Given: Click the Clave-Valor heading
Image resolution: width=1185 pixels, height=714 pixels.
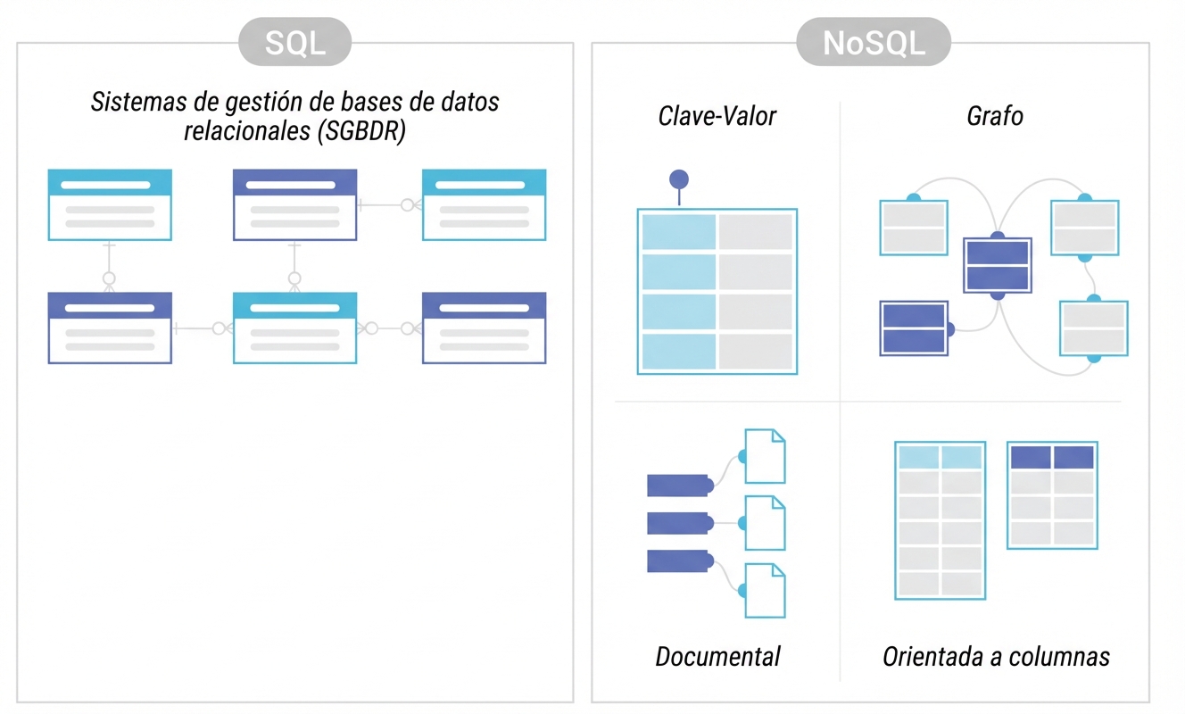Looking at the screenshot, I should point(717,116).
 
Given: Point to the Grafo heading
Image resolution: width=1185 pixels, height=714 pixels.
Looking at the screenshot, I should point(994,116).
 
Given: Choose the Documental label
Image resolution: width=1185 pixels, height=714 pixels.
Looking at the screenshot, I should point(717,657).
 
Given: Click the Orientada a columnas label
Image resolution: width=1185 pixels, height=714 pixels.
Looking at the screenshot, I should point(996,657).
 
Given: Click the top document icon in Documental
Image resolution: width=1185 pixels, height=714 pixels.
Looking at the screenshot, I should point(765,456).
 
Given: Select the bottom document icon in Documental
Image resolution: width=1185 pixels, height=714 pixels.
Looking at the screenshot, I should point(765,590).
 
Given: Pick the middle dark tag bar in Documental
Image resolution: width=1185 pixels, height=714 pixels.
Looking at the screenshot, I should point(678,523).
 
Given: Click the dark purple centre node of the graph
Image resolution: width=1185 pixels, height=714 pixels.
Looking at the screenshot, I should point(998,265).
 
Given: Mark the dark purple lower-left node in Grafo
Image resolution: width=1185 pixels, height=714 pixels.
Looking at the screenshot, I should point(913,328).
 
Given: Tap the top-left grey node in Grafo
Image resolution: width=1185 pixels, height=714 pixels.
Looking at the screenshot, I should point(913,227).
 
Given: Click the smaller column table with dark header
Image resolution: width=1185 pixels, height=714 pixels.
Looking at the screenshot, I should point(1052,494).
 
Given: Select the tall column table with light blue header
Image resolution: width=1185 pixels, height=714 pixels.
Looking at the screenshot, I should point(940,520).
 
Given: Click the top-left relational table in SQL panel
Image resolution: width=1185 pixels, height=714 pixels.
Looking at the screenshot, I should point(110,204).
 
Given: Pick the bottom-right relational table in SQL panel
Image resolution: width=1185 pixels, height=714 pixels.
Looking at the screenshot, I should point(484,328).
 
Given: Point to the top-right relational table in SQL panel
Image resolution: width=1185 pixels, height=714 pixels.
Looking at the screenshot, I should point(484,204).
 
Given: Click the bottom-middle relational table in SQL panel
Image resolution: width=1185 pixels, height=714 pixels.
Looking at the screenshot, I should point(294,328).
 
